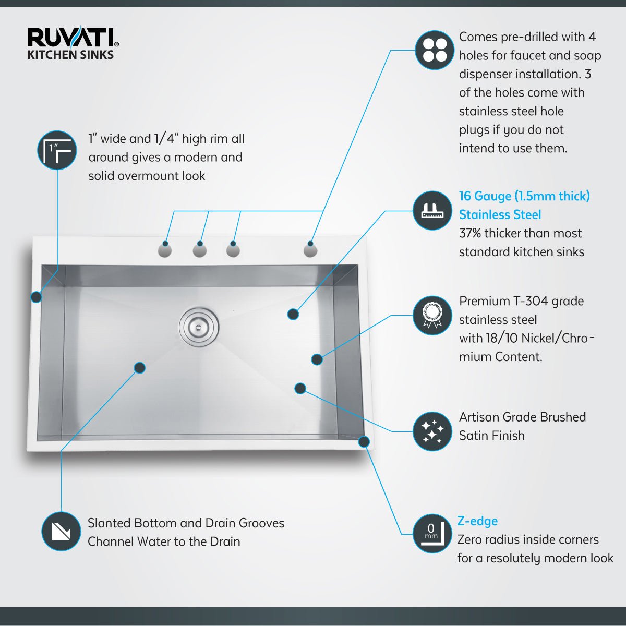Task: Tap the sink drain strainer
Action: (199, 326)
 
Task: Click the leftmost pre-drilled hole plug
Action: (165, 251)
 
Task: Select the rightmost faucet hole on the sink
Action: (310, 251)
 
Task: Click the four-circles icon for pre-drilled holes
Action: (435, 50)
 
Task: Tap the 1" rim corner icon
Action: (57, 150)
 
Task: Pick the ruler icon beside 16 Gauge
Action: (432, 211)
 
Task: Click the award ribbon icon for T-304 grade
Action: (432, 315)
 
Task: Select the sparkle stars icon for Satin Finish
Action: (432, 431)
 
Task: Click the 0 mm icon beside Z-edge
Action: (432, 533)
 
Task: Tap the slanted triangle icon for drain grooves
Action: (61, 532)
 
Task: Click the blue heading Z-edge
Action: (477, 521)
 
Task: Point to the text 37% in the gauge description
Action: (470, 233)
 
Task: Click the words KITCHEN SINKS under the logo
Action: (70, 55)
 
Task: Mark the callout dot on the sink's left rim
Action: (36, 297)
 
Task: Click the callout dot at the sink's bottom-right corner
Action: (364, 442)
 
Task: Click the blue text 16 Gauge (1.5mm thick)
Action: (524, 196)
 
